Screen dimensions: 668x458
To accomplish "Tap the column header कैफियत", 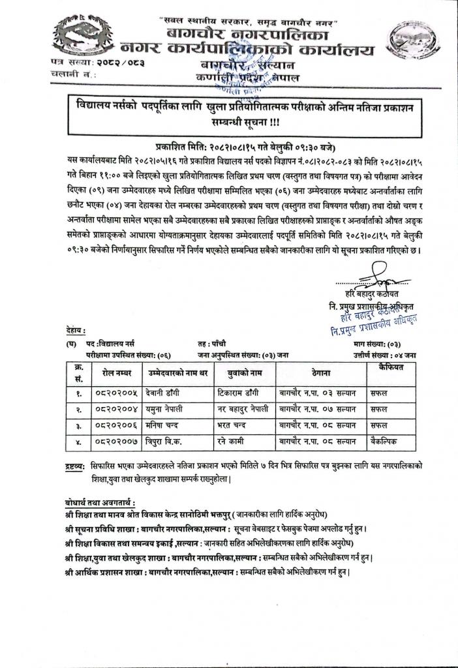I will pos(384,369).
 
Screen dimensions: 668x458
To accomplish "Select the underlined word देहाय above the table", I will pos(75,331).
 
